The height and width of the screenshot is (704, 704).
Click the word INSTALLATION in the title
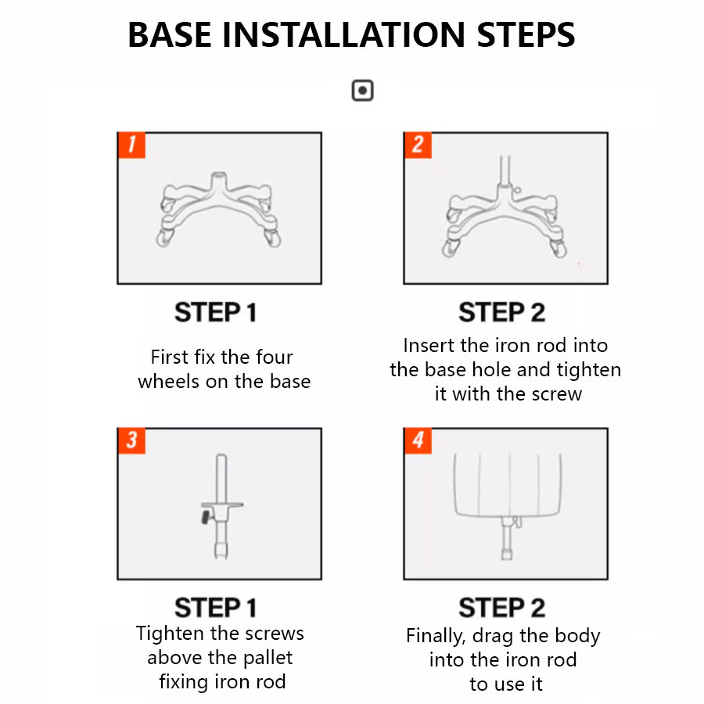pyautogui.click(x=344, y=34)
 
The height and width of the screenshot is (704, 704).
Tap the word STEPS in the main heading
pyautogui.click(x=526, y=34)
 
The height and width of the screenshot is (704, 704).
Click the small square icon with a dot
pyautogui.click(x=362, y=90)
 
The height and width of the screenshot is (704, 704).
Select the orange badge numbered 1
pyautogui.click(x=131, y=145)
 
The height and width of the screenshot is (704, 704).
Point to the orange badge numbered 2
pyautogui.click(x=418, y=145)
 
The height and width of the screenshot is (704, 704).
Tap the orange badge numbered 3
pyautogui.click(x=131, y=440)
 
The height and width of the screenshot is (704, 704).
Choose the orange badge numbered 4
pyautogui.click(x=418, y=440)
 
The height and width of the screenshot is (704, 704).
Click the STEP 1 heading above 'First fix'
pyautogui.click(x=216, y=312)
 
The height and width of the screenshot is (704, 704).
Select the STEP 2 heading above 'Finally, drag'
pyautogui.click(x=502, y=608)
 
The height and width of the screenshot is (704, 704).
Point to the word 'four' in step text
pyautogui.click(x=274, y=357)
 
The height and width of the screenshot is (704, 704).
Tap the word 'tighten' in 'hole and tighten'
pyautogui.click(x=589, y=371)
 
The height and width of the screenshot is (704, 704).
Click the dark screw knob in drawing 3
pyautogui.click(x=206, y=517)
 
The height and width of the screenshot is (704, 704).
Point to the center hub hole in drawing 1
pyautogui.click(x=219, y=174)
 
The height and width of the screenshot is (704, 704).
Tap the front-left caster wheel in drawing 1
pyautogui.click(x=164, y=237)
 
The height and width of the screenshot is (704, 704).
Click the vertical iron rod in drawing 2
pyautogui.click(x=505, y=170)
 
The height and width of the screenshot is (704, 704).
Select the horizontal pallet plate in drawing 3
pyautogui.click(x=222, y=505)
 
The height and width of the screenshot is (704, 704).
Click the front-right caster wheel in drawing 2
pyautogui.click(x=559, y=248)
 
